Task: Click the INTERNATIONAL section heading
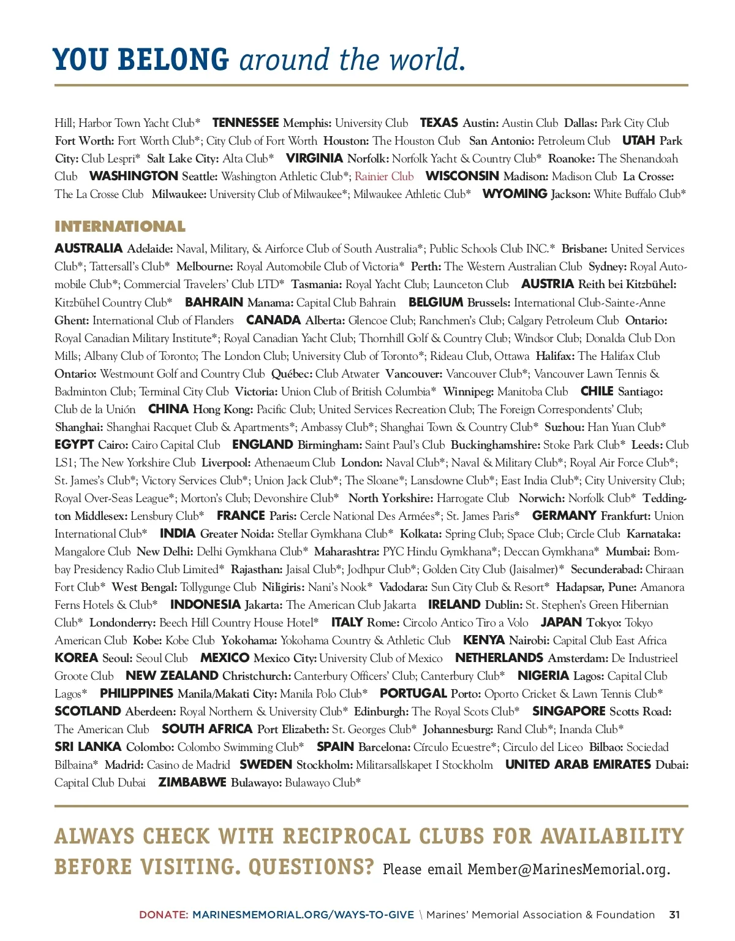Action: [x=119, y=227]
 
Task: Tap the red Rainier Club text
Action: [x=384, y=177]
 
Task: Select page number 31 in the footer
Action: [x=674, y=915]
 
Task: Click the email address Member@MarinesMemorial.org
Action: [x=568, y=869]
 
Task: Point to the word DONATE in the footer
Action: [x=163, y=915]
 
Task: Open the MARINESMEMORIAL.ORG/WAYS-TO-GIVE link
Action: [x=303, y=915]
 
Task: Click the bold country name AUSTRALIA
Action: [x=88, y=248]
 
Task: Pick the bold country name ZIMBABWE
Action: [x=192, y=782]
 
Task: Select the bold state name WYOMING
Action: [x=514, y=194]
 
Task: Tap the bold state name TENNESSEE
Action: [x=245, y=123]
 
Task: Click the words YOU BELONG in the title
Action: [x=141, y=60]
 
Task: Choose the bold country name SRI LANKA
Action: [x=87, y=747]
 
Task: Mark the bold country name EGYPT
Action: [x=74, y=444]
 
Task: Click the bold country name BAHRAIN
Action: [x=214, y=302]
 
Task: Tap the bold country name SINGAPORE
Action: [x=568, y=711]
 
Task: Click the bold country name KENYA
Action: [x=483, y=640]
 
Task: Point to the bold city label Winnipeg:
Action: [x=468, y=391]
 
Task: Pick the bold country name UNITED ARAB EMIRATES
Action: [x=578, y=764]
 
